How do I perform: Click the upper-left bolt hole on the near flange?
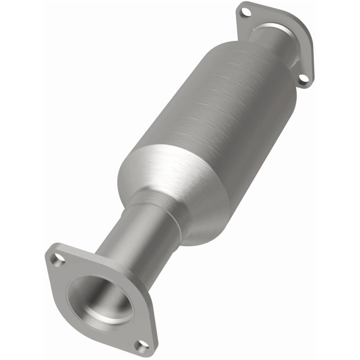[x=58, y=259]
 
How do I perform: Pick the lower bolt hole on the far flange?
[x=305, y=79]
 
